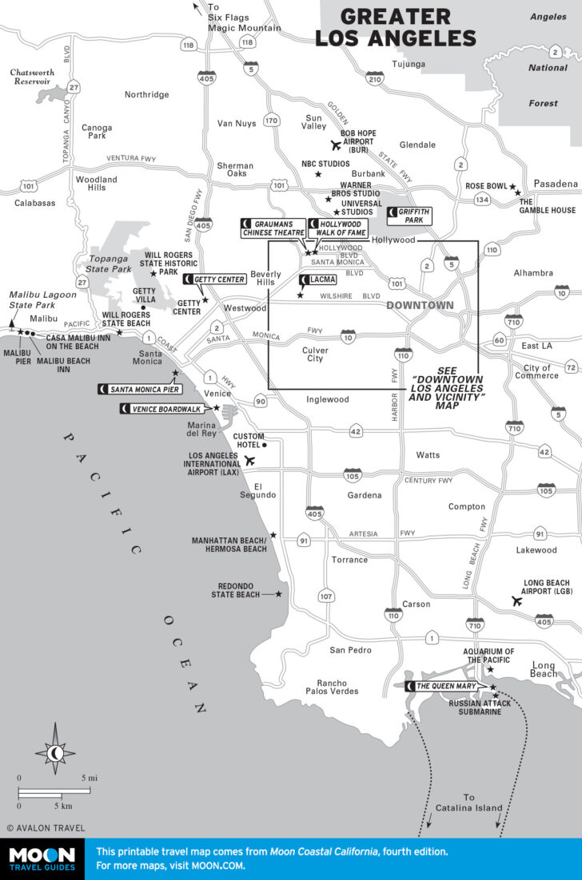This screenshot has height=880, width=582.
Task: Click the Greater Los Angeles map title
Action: [x=395, y=28]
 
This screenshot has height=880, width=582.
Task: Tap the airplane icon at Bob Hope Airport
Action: [x=336, y=145]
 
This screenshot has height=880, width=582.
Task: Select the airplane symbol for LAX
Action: [x=249, y=461]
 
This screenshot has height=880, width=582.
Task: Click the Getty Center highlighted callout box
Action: [x=215, y=279]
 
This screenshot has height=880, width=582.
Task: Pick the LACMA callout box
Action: [x=317, y=279]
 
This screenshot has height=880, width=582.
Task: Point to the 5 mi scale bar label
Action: [x=90, y=778]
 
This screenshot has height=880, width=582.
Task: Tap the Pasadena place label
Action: [x=556, y=184]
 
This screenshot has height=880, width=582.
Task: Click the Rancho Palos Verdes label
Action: [x=337, y=687]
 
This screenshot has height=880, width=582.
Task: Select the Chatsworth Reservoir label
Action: [x=33, y=77]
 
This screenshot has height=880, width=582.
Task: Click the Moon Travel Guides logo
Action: [x=42, y=859]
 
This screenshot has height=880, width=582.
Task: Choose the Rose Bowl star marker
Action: [x=517, y=192]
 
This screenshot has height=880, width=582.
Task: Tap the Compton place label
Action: [x=466, y=506]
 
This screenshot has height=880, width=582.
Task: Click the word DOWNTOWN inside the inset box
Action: [x=420, y=305]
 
